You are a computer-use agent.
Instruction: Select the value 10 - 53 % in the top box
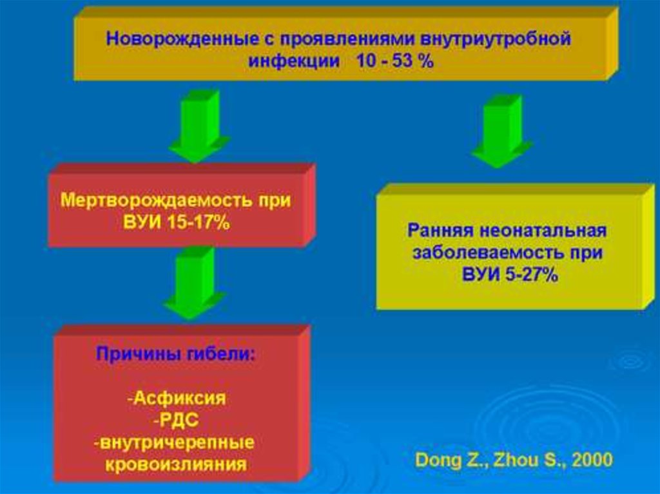(x=393, y=63)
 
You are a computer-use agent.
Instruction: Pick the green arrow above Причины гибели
(x=194, y=283)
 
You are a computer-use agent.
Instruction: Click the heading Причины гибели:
(x=176, y=354)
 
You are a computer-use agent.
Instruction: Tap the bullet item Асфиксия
(x=177, y=398)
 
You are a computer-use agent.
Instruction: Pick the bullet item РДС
(x=176, y=420)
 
